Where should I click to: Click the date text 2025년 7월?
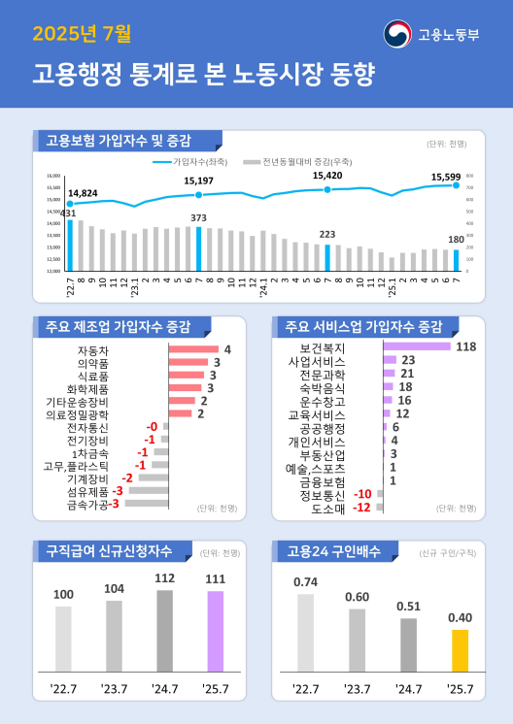[x=81, y=35]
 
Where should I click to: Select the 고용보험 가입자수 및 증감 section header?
[x=119, y=140]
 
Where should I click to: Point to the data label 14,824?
[x=83, y=193]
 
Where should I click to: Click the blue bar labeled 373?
[x=199, y=248]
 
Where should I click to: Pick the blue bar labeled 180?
[x=457, y=260]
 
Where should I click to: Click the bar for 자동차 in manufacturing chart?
[x=193, y=349]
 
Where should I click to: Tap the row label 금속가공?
[x=87, y=505]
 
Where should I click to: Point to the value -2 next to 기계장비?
[x=126, y=478]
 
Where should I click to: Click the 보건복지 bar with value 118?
[x=417, y=346]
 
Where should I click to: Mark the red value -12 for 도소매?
[x=360, y=508]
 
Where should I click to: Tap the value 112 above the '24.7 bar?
[x=164, y=578]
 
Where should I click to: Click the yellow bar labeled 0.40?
[x=460, y=650]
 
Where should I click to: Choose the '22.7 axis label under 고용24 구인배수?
[x=306, y=689]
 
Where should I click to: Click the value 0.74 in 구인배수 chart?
[x=306, y=582]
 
